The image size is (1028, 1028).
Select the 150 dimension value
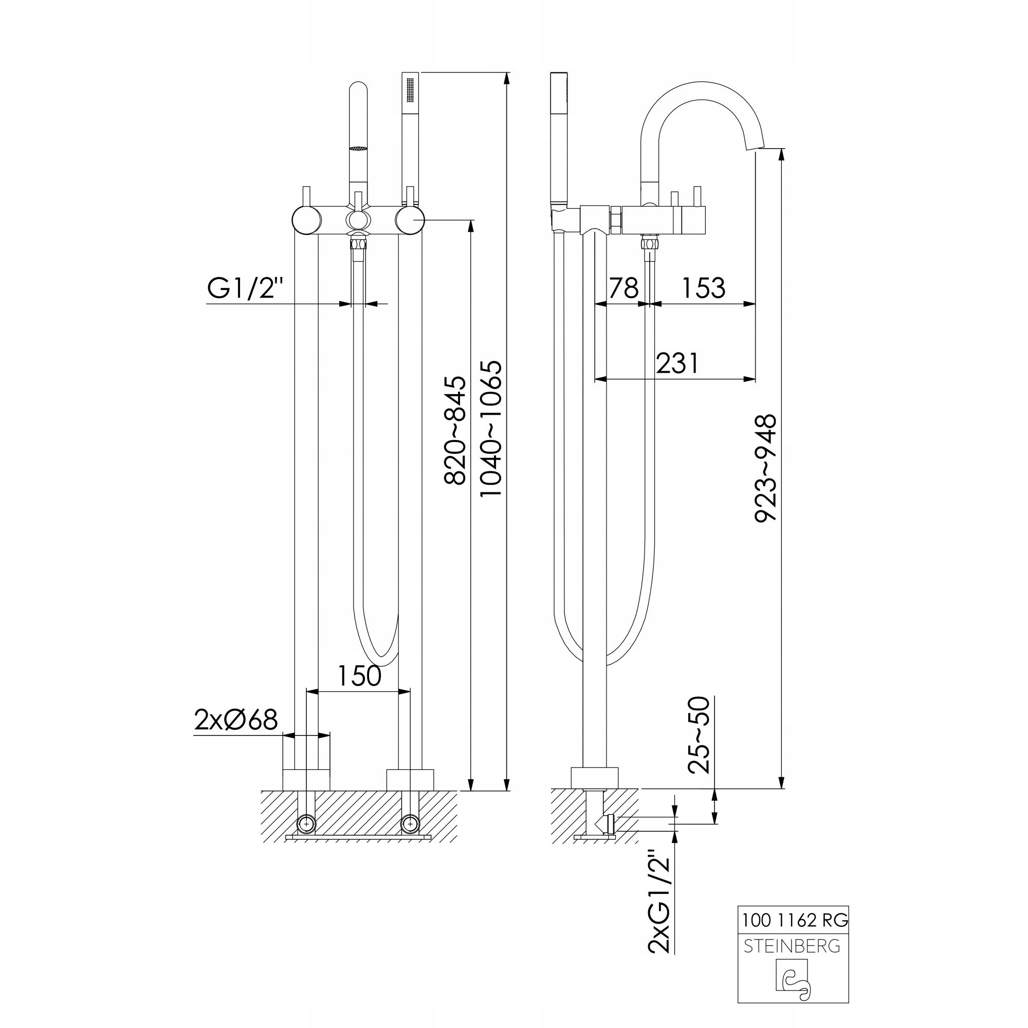tap(360, 676)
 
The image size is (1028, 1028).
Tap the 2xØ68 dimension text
tap(236, 721)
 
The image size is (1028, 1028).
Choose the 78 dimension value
tap(623, 288)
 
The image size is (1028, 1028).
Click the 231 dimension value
tap(677, 364)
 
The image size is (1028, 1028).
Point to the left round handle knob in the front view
tap(307, 219)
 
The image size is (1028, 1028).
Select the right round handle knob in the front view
tap(410, 219)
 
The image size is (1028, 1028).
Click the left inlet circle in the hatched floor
tap(307, 824)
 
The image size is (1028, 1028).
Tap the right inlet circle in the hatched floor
tap(410, 824)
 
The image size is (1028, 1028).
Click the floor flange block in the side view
tap(595, 778)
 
